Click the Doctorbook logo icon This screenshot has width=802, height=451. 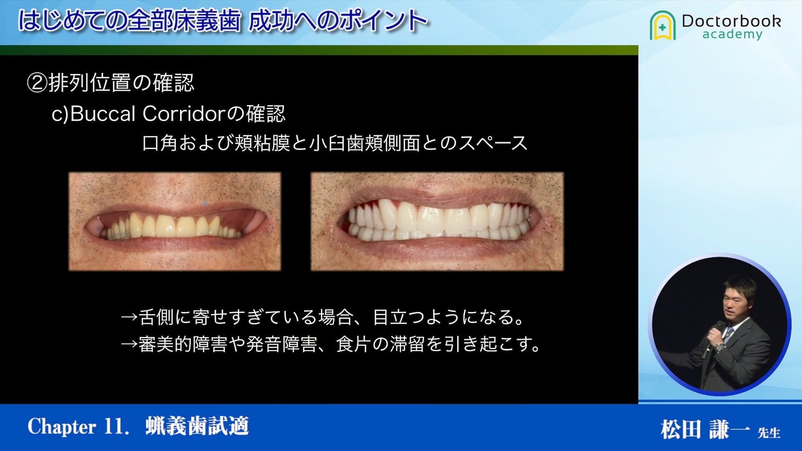(x=662, y=25)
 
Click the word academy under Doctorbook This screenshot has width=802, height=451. (x=732, y=34)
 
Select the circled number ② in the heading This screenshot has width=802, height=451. (x=38, y=83)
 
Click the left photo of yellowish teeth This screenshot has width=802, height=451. (x=175, y=222)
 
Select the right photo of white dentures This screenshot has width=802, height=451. (x=437, y=222)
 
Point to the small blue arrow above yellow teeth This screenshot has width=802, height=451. (x=204, y=203)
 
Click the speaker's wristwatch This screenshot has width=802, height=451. (x=718, y=347)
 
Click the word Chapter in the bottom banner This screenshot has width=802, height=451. (x=62, y=427)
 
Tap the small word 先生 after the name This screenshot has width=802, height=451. (x=769, y=433)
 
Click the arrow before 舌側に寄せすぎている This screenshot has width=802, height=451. (x=129, y=317)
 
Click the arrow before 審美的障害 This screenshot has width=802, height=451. (x=129, y=344)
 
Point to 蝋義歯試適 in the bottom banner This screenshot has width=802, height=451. (x=197, y=427)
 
